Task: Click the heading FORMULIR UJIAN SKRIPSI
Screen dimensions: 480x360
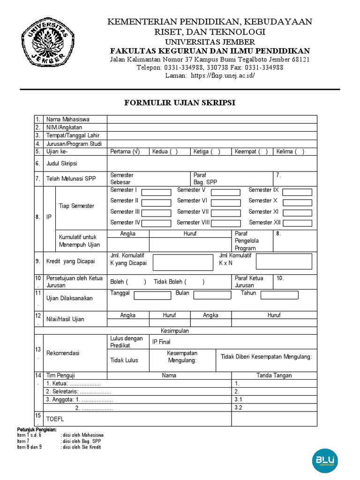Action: pos(180,103)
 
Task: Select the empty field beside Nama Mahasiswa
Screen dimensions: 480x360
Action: pos(212,119)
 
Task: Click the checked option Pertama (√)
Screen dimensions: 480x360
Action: pos(125,151)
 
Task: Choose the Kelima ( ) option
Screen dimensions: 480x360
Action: pos(290,151)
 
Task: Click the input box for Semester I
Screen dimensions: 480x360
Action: pos(156,192)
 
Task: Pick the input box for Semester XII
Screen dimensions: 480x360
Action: pos(297,224)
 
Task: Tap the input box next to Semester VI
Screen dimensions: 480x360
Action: pos(225,202)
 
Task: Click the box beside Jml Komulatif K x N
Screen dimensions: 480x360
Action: pos(284,261)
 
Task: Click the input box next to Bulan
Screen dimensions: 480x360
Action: pos(212,295)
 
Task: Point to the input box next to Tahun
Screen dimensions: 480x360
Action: pos(279,295)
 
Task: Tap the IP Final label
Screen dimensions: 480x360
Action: pos(161,342)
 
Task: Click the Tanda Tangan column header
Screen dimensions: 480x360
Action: pos(274,375)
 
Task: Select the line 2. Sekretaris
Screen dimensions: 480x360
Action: pos(78,391)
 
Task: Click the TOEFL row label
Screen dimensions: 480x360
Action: pos(55,419)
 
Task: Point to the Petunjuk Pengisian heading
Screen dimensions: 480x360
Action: pos(37,429)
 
